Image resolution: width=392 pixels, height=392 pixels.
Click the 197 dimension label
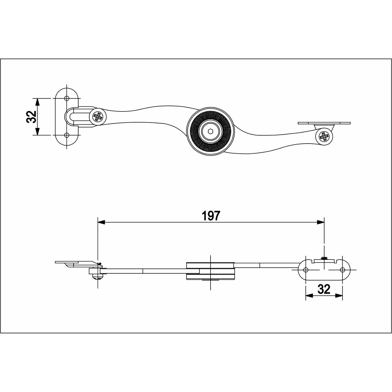pos(211,216)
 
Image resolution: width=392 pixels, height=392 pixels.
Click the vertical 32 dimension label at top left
pos(31,117)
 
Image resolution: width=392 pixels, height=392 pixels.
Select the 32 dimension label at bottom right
pos(324,289)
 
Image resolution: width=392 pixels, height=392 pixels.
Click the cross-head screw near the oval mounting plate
pos(98,117)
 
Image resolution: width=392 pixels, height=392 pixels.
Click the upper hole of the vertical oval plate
pos(67,99)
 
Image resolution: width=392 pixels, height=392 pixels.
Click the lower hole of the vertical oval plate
pos(67,135)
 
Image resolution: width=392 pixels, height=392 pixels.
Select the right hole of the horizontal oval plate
pos(342,270)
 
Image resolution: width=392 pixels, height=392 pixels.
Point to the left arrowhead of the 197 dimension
pos(101,222)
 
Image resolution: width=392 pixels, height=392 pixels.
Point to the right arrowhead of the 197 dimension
pos(321,222)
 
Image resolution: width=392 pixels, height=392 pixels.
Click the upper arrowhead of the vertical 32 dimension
pos(37,102)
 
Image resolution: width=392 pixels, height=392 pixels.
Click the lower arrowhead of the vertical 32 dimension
pos(37,131)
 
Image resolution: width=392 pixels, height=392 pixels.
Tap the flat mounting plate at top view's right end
pos(324,123)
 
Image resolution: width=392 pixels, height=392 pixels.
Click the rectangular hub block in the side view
pos(211,271)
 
